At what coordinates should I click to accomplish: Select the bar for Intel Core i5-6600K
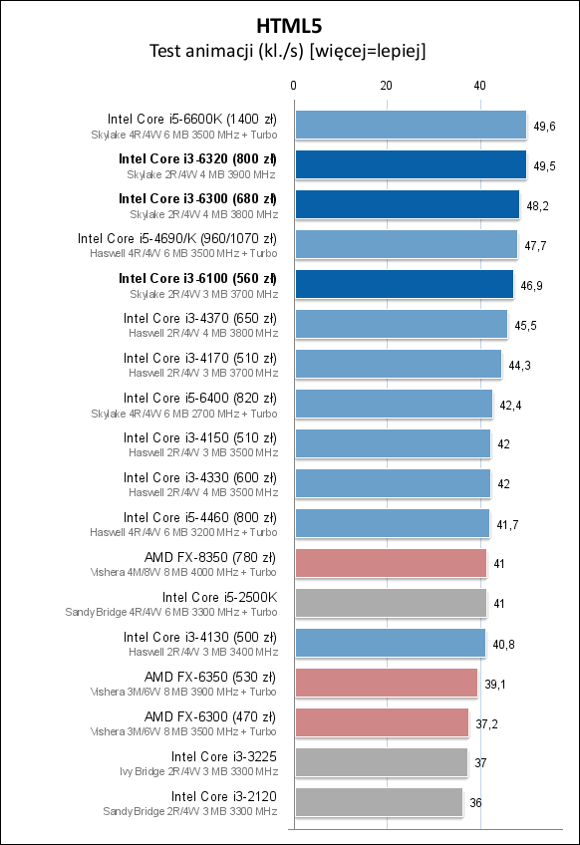pyautogui.click(x=411, y=125)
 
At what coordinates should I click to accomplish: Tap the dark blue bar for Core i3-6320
pyautogui.click(x=411, y=164)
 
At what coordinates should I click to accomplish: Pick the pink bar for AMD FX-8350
pyautogui.click(x=391, y=563)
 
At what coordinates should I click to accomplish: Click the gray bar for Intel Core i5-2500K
pyautogui.click(x=391, y=603)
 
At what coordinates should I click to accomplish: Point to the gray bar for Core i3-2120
pyautogui.click(x=379, y=802)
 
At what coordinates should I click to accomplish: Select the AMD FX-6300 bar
pyautogui.click(x=382, y=722)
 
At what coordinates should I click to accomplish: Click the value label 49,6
pyautogui.click(x=544, y=126)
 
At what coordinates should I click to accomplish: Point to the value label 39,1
pyautogui.click(x=495, y=684)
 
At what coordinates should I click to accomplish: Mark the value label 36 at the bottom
pyautogui.click(x=475, y=803)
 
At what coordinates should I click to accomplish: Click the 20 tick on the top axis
pyautogui.click(x=387, y=87)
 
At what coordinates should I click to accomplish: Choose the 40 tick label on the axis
pyautogui.click(x=479, y=87)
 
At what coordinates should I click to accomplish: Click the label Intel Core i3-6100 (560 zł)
pyautogui.click(x=197, y=278)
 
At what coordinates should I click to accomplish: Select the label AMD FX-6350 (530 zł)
pyautogui.click(x=210, y=677)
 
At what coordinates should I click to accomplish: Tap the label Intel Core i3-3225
pyautogui.click(x=223, y=756)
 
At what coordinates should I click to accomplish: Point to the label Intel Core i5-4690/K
pyautogui.click(x=177, y=238)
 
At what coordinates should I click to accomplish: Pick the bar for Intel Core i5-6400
pyautogui.click(x=394, y=404)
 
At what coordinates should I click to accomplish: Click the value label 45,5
pyautogui.click(x=524, y=325)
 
